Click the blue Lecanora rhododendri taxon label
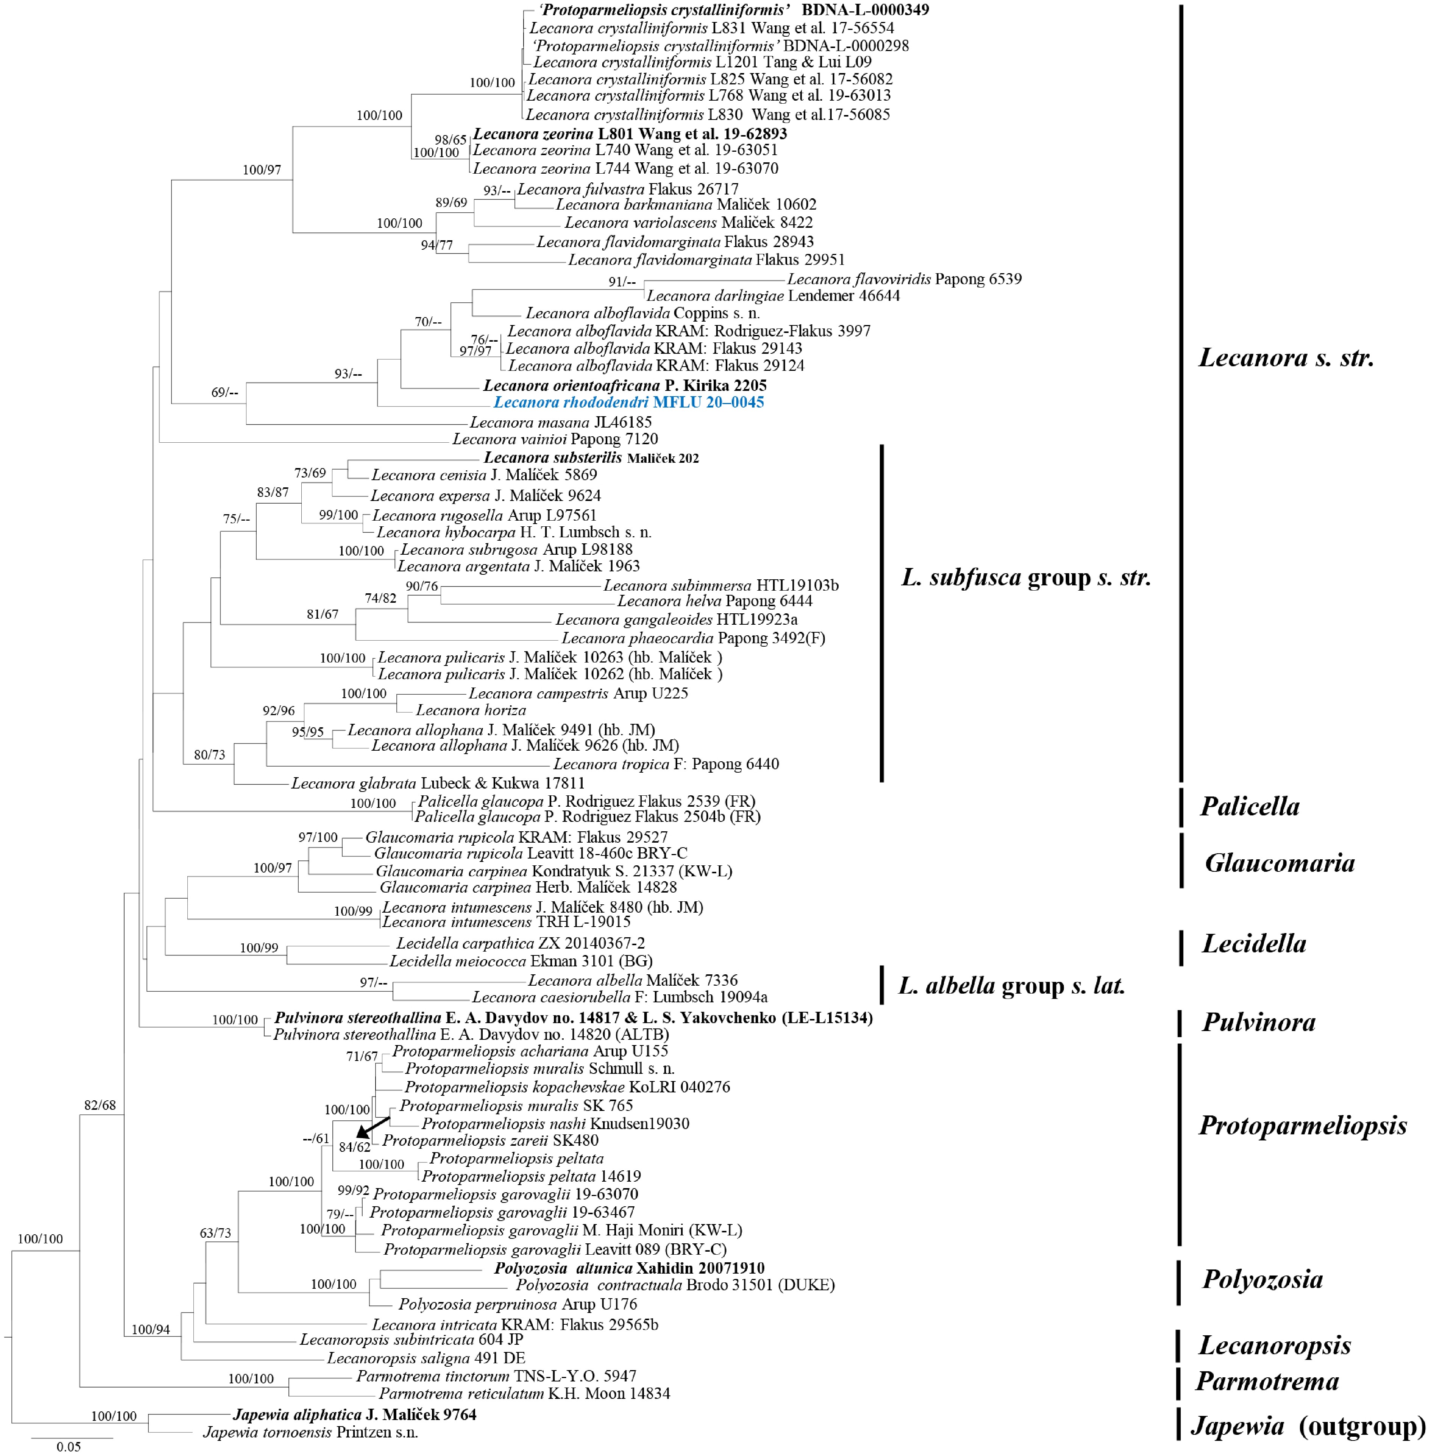click(x=628, y=403)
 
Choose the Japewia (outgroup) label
click(x=1308, y=1425)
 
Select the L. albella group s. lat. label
click(x=1012, y=986)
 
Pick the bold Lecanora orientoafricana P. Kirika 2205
click(x=625, y=386)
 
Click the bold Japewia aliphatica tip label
click(x=354, y=1415)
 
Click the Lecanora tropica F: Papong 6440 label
click(x=666, y=764)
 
